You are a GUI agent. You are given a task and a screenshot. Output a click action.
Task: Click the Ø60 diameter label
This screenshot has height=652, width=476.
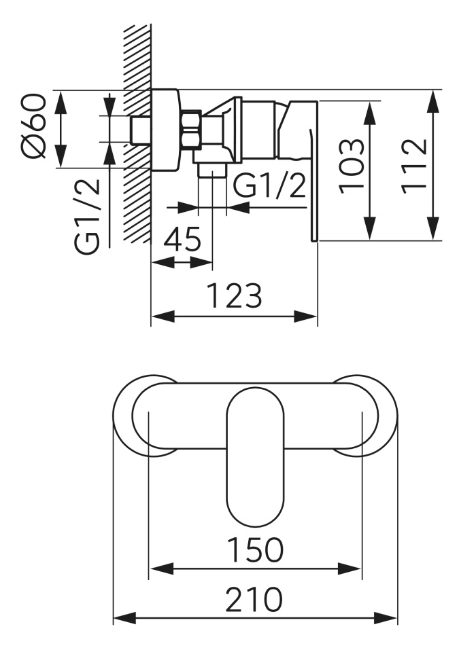coord(33,127)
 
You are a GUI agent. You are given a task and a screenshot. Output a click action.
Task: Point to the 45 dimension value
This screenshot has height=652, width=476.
coord(182,239)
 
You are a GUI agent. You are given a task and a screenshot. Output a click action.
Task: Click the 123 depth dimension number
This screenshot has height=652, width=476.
coord(235,295)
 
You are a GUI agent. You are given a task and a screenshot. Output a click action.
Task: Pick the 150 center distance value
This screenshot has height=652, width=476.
coord(255,549)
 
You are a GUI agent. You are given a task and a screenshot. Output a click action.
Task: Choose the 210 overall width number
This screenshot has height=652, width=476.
coord(254,599)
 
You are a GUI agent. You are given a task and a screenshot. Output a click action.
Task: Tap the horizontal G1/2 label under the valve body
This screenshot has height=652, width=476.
coord(269,185)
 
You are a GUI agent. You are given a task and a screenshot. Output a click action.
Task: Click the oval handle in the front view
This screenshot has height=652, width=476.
coord(255,456)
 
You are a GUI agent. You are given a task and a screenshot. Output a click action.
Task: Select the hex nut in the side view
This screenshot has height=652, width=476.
coord(192,129)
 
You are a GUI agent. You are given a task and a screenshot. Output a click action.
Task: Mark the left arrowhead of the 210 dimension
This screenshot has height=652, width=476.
coord(125,618)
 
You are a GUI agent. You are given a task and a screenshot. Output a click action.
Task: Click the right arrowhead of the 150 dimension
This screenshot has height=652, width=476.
coord(350,568)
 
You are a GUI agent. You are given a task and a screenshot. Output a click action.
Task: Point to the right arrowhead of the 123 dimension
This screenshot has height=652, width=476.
coord(306,316)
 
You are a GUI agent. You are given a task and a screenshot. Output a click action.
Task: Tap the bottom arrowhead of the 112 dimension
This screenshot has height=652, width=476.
coord(434,228)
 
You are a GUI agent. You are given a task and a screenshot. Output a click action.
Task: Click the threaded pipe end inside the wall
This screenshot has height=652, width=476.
coord(141,130)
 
